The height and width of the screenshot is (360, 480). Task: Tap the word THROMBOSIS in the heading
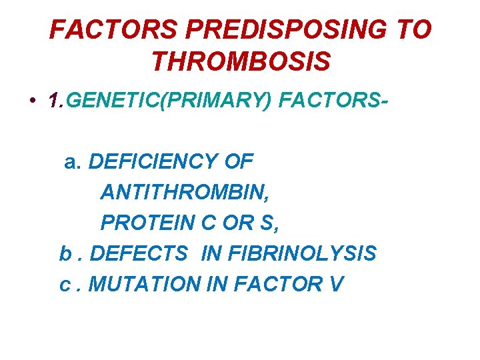click(241, 61)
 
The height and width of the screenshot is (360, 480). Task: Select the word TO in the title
click(413, 30)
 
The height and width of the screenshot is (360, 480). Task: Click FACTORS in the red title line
click(113, 30)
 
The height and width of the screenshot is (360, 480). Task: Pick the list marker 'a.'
click(73, 161)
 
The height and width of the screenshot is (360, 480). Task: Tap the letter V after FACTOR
click(336, 284)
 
